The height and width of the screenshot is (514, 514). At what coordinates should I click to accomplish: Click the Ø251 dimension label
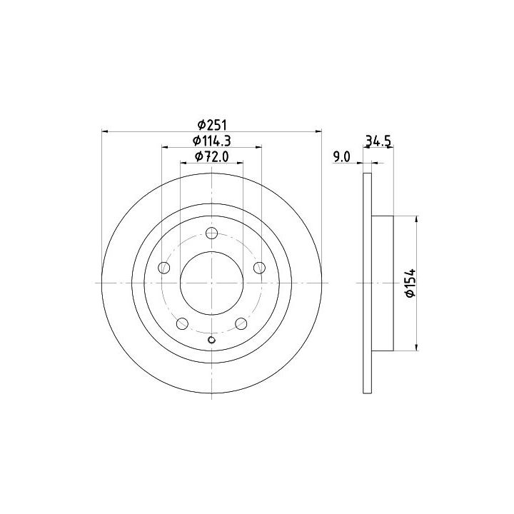[x=212, y=125]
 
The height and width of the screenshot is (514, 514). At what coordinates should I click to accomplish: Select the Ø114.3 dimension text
[x=212, y=141]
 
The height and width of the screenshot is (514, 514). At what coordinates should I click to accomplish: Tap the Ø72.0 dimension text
[x=212, y=156]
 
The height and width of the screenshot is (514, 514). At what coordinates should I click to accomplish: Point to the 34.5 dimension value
[x=378, y=141]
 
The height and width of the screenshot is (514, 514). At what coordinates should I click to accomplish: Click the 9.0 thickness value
[x=341, y=157]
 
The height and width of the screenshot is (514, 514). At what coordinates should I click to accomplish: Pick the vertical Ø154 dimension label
[x=410, y=283]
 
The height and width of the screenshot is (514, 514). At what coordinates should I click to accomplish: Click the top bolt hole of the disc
[x=212, y=233]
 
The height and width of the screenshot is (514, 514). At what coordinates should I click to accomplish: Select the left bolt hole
[x=164, y=268]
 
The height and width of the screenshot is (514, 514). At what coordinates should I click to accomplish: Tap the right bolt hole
[x=259, y=268]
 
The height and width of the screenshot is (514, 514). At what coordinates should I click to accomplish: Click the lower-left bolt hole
[x=182, y=324]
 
